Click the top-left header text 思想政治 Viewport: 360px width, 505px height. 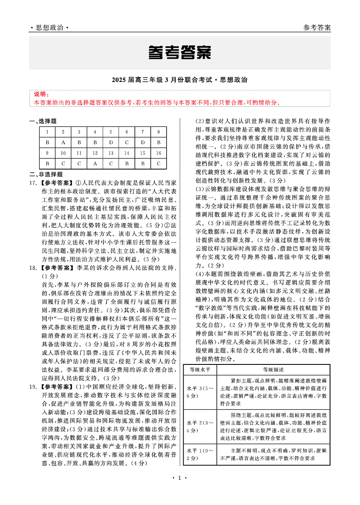[x=49, y=28]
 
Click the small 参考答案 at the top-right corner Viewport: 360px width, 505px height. [x=317, y=28]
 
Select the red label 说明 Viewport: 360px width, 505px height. [x=40, y=94]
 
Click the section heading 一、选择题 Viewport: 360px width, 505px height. [x=43, y=121]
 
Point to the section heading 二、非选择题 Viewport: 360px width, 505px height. [x=46, y=174]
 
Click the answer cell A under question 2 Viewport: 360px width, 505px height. [x=63, y=142]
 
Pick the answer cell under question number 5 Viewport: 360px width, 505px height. [x=111, y=142]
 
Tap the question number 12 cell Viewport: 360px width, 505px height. [x=95, y=153]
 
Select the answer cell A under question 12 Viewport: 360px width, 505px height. [x=95, y=163]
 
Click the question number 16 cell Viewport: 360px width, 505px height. [x=158, y=153]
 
